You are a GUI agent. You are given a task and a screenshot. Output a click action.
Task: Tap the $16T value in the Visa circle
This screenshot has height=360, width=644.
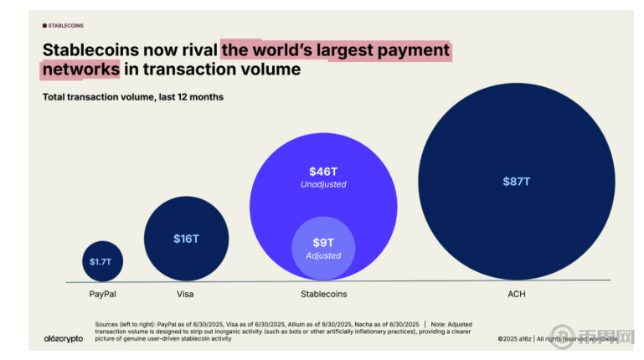coord(186,239)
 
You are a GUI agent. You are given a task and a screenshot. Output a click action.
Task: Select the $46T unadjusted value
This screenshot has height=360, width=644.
coord(322,171)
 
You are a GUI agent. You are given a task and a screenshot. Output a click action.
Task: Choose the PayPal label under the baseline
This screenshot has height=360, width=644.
coord(102,295)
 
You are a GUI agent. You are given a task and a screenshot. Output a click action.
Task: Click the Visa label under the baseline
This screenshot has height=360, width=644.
coord(185,295)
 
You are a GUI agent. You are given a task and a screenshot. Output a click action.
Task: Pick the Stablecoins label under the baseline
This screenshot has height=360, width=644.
coord(323,295)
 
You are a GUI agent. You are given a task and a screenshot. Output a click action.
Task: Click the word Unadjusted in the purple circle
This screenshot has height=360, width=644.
coord(322,183)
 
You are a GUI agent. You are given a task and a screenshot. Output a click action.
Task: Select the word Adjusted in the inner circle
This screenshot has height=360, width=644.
coord(322,255)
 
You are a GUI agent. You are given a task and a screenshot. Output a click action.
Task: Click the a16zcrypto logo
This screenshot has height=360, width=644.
coord(63,338)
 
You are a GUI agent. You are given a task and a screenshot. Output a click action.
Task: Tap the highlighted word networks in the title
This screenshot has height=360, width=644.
coord(81,69)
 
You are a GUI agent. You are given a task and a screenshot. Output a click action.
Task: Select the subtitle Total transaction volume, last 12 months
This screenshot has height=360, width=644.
coord(132,97)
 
